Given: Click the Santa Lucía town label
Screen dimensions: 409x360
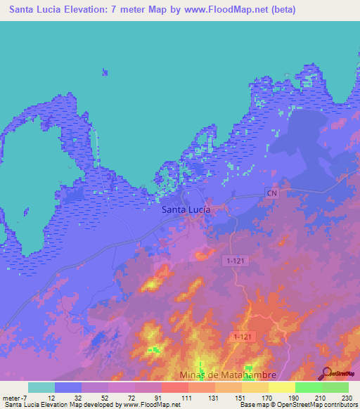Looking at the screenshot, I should pyautogui.click(x=186, y=209).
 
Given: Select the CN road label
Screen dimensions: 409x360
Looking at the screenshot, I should pyautogui.click(x=272, y=192).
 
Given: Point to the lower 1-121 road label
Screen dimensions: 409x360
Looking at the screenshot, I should pyautogui.click(x=243, y=338).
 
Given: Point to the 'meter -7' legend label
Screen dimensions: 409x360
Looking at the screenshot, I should pyautogui.click(x=14, y=398).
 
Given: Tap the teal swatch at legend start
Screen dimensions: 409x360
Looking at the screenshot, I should pyautogui.click(x=41, y=387).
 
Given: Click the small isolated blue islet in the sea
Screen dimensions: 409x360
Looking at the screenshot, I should pyautogui.click(x=105, y=71).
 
